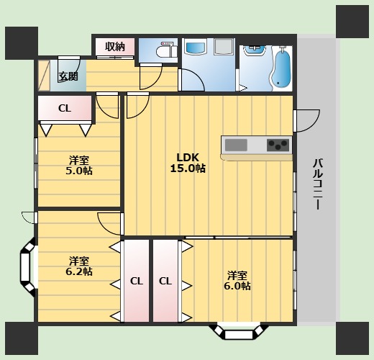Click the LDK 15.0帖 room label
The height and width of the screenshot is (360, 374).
tap(188, 163)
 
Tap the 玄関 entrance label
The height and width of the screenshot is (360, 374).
tap(68, 76)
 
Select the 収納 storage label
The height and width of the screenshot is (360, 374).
tap(115, 46)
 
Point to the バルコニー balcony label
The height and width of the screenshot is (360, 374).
tap(318, 184)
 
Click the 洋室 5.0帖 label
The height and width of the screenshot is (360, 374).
tap(79, 165)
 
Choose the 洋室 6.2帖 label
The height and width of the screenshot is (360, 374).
tap(79, 266)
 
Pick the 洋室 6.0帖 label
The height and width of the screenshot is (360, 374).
tap(237, 280)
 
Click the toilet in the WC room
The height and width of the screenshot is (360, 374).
tap(167, 50)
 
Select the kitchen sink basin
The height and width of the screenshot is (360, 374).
tap(236, 145)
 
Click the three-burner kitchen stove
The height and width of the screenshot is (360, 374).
tap(278, 145)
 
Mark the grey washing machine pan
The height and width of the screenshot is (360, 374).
tap(224, 47)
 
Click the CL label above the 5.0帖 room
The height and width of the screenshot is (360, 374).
tap(65, 109)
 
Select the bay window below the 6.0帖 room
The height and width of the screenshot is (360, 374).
tap(239, 332)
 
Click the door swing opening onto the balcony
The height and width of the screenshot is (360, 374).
tap(307, 121)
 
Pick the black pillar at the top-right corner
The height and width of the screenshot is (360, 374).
tap(352, 22)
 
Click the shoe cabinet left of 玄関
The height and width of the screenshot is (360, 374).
tap(44, 76)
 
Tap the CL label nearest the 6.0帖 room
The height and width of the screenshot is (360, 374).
tap(165, 281)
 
